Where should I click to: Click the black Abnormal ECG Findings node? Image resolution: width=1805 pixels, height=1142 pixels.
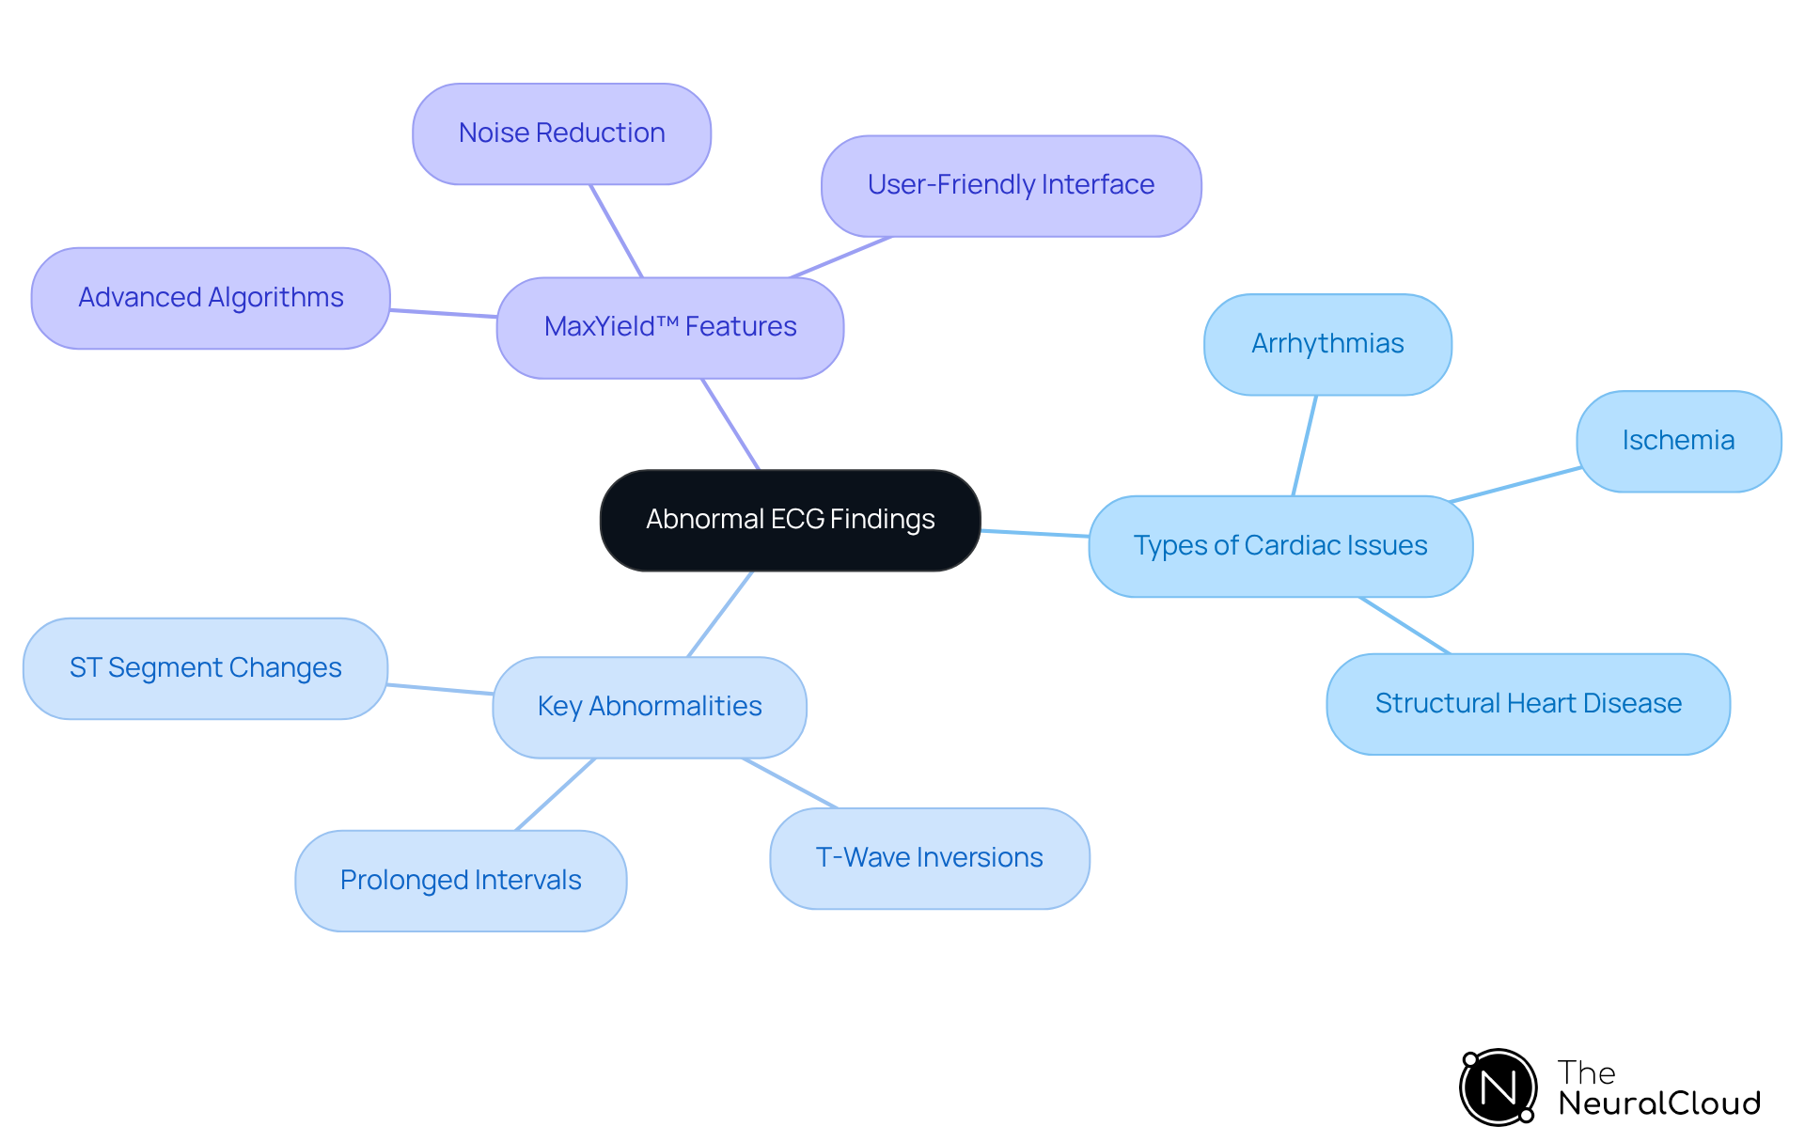790,520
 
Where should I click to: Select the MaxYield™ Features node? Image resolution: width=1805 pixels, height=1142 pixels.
669,327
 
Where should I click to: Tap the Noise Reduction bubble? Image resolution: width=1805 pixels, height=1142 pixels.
561,133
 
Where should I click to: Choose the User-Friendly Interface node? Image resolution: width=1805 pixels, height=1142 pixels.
1011,185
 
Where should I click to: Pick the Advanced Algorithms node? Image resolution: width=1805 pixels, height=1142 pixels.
211,298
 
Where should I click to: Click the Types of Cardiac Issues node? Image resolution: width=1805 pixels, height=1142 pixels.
1279,546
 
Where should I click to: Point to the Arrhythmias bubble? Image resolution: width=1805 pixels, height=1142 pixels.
1326,344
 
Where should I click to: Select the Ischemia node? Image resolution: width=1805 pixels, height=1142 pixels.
1678,441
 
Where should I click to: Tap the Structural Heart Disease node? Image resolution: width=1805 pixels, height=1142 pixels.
1528,704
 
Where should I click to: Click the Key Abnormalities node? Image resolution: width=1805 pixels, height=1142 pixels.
649,707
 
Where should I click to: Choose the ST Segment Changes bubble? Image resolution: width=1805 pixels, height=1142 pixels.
205,668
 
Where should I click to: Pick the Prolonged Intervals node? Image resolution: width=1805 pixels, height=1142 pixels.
461,881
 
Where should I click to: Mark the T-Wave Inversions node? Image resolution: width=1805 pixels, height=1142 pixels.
929,858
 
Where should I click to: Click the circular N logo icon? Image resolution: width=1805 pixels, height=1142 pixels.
1498,1087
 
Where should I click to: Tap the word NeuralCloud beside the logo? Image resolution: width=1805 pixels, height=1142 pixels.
1658,1103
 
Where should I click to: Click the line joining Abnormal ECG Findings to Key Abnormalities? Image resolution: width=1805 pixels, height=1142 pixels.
720,614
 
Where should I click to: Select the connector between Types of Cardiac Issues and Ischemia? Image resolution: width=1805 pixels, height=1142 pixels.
1515,484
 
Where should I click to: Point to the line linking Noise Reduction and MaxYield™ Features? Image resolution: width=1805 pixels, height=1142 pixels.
616,230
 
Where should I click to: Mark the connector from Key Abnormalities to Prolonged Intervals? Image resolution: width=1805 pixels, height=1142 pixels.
555,794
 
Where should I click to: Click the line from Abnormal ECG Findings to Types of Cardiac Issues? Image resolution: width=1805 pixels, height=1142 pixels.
1034,533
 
